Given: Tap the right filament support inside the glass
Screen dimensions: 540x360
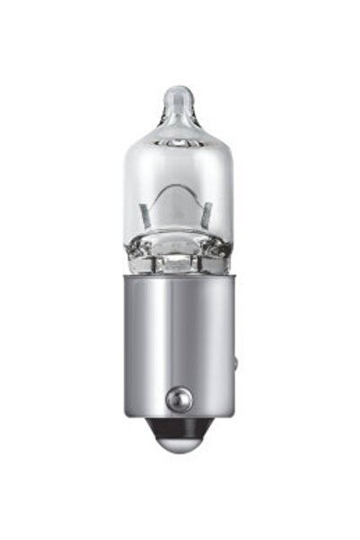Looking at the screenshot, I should [x=208, y=214].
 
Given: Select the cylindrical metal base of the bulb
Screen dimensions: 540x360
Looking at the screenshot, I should [x=180, y=341].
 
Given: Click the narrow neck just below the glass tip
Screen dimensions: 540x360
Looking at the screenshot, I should [x=180, y=112].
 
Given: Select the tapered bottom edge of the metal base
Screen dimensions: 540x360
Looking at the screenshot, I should [x=180, y=416].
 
